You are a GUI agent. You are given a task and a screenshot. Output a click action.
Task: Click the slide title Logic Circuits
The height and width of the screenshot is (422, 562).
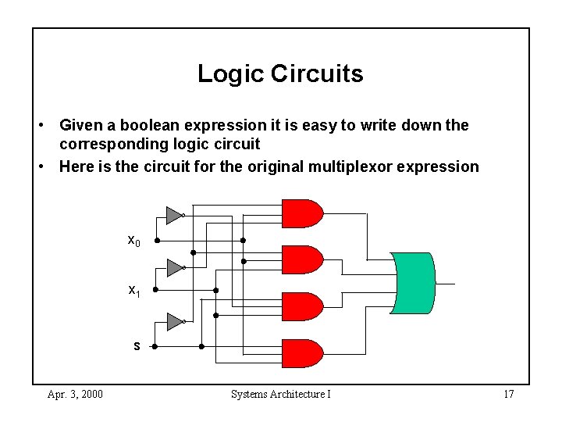click(280, 73)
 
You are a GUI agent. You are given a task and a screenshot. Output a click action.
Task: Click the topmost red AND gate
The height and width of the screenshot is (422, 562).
click(302, 213)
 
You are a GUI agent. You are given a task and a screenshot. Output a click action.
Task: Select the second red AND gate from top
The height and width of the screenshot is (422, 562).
click(302, 259)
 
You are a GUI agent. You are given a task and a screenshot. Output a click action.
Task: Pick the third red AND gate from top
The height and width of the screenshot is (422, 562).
click(302, 306)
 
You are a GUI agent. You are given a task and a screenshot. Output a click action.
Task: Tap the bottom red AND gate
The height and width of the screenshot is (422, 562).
click(302, 353)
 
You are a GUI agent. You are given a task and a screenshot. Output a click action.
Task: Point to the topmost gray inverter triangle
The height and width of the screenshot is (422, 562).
click(174, 215)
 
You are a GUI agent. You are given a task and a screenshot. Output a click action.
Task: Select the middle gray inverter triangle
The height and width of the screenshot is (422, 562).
click(174, 268)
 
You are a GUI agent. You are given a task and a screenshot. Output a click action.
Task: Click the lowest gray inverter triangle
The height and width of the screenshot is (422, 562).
click(174, 321)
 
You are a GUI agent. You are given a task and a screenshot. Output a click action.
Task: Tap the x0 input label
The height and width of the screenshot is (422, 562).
click(134, 241)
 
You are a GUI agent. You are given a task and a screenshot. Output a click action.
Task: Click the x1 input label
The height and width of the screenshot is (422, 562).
click(134, 291)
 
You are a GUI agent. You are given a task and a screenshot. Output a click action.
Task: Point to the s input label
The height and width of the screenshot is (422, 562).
click(137, 345)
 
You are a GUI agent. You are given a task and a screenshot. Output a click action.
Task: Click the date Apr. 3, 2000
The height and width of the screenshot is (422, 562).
click(75, 394)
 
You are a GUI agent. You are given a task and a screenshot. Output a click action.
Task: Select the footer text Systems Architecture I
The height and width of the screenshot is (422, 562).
click(281, 394)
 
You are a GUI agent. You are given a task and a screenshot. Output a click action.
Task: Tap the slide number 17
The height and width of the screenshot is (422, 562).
click(508, 394)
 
